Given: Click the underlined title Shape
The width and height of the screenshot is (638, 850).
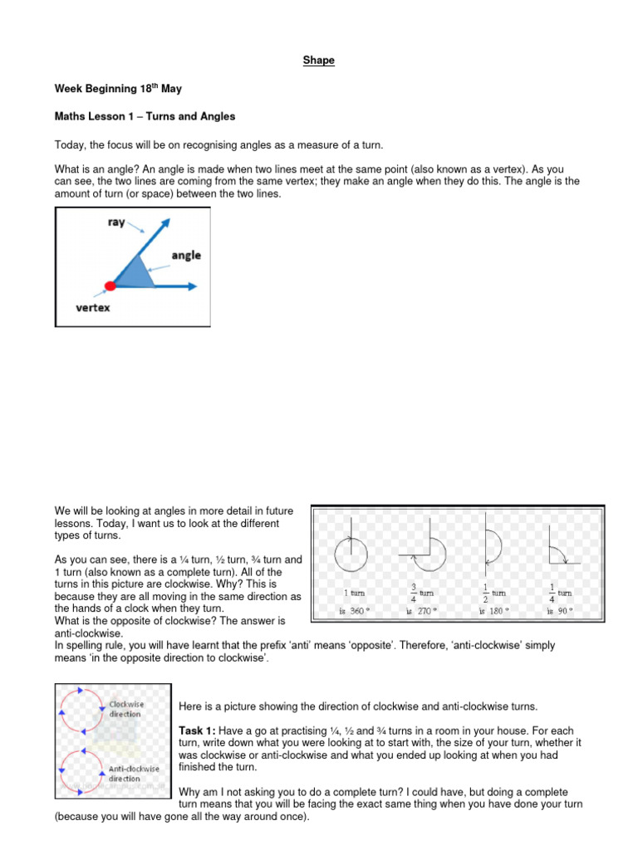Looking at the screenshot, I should (319, 61).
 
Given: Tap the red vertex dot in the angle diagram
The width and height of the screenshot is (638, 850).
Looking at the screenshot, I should (110, 286).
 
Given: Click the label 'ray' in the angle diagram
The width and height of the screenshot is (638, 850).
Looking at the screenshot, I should (116, 222).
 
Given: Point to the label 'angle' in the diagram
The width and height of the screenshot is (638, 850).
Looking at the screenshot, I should (186, 256).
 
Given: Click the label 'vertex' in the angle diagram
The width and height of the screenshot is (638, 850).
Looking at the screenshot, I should (93, 307).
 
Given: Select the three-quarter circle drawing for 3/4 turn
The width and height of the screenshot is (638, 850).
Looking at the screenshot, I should (425, 553).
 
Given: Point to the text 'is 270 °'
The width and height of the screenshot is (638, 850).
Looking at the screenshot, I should (422, 611).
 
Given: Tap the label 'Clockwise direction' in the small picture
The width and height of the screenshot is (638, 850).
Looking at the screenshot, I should (126, 709).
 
